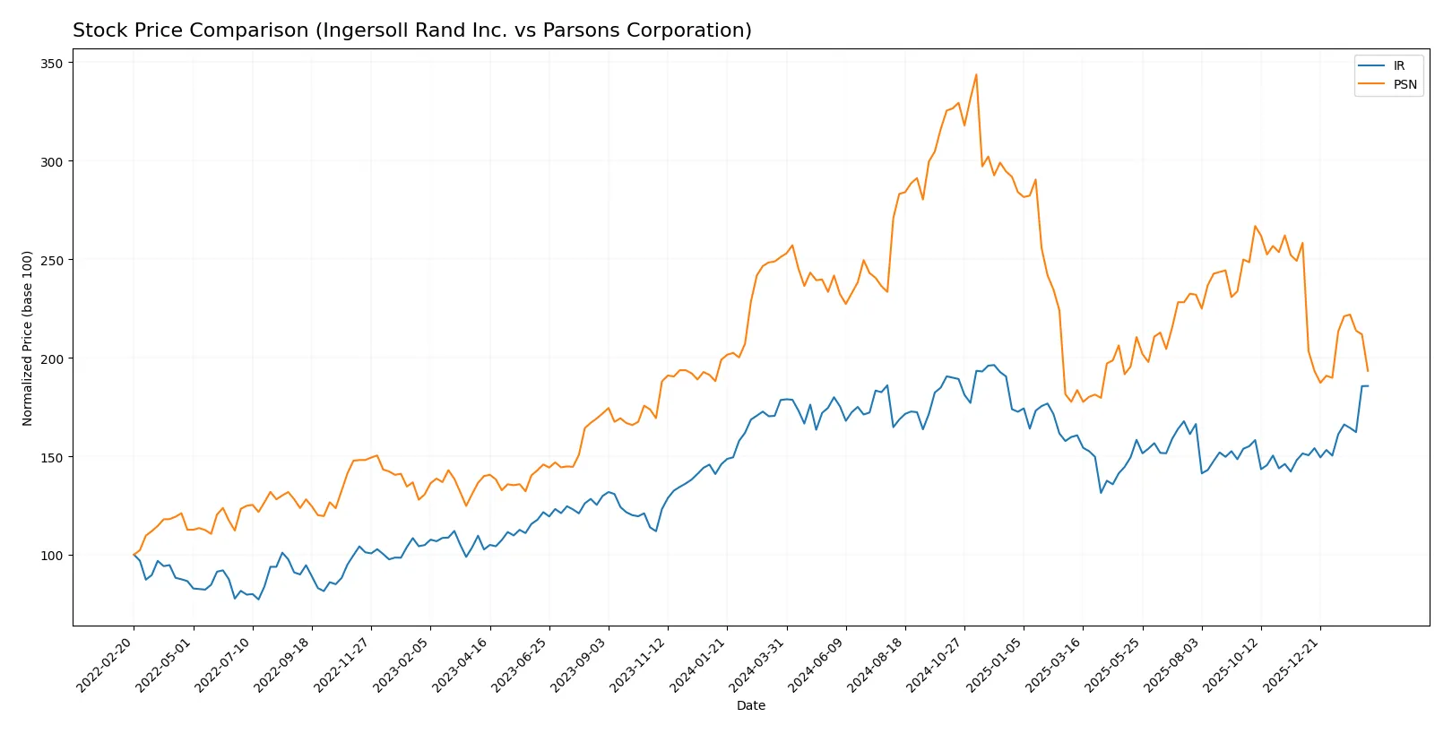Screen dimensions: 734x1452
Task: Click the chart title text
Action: [x=412, y=30]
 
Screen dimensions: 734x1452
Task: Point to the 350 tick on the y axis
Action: [x=51, y=64]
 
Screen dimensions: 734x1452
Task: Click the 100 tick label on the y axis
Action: [x=51, y=556]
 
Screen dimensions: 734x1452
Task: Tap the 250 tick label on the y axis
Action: [x=51, y=261]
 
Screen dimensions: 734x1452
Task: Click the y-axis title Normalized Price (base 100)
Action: [x=28, y=338]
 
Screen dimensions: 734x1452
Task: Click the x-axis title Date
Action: [x=750, y=706]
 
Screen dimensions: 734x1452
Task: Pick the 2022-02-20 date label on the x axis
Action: [x=107, y=665]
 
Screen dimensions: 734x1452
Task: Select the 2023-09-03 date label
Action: [x=582, y=665]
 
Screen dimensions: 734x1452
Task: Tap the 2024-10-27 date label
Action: [x=938, y=665]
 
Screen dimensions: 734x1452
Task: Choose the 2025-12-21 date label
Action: [x=1293, y=665]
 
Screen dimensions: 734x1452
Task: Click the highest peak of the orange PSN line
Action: [x=976, y=74]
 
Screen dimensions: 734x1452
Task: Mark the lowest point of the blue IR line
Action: [x=258, y=599]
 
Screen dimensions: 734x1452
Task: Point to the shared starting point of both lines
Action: [x=134, y=555]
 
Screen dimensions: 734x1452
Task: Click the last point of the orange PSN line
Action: [x=1368, y=371]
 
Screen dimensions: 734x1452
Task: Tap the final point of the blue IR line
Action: [x=1368, y=386]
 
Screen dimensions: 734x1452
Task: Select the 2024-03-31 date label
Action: [x=760, y=665]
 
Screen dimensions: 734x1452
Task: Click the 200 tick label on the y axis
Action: [x=51, y=359]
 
